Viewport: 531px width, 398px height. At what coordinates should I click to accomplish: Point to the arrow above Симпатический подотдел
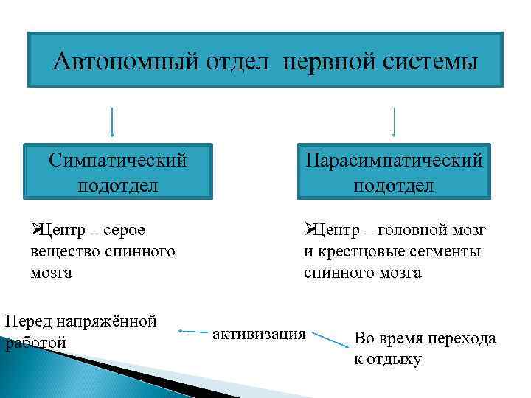click(x=111, y=122)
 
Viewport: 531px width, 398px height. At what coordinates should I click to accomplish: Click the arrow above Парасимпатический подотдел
click(x=394, y=122)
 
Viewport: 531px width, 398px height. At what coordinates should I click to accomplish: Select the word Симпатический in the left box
click(x=117, y=160)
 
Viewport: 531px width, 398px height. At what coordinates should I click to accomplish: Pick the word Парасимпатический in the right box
click(x=394, y=160)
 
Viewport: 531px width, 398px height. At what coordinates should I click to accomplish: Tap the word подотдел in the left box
click(x=117, y=184)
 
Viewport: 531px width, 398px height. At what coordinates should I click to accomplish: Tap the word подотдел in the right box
click(x=394, y=184)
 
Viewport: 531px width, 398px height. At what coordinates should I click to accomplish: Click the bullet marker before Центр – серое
click(x=35, y=231)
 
